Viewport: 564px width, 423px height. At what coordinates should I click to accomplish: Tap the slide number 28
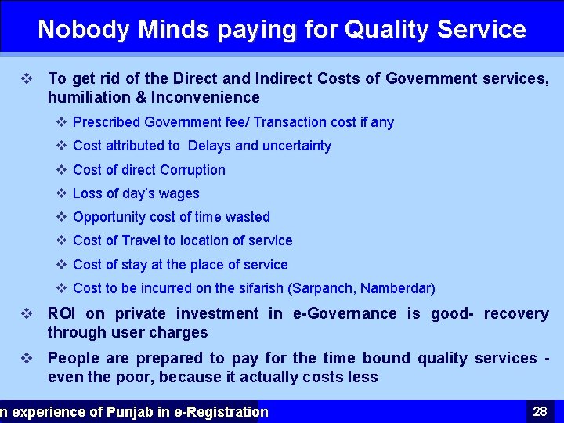tap(540, 411)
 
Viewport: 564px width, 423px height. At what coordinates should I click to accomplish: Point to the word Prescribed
tap(107, 122)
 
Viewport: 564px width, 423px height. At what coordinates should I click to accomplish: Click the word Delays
tap(209, 146)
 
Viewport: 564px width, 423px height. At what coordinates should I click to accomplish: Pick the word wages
tap(179, 193)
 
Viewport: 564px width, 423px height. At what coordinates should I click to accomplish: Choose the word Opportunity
tap(110, 217)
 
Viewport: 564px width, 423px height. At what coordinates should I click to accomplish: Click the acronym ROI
tap(63, 314)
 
